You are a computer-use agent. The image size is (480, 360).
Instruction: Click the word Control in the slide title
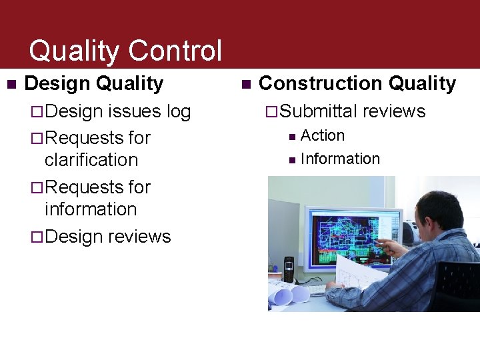(175, 51)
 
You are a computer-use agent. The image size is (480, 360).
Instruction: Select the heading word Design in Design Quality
(57, 84)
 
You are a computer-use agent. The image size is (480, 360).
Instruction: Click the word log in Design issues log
(178, 111)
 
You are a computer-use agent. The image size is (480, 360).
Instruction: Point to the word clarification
(91, 160)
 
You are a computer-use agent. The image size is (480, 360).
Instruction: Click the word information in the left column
(91, 209)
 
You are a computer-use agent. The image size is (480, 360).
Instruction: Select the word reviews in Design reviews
(139, 237)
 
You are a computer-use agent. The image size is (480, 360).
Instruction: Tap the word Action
(323, 136)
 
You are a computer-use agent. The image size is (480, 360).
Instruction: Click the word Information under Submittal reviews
(340, 159)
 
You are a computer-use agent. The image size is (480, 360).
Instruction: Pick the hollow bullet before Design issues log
(38, 112)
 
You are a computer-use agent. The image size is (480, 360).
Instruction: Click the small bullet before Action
(291, 137)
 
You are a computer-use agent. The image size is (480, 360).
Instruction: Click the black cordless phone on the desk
(289, 269)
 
